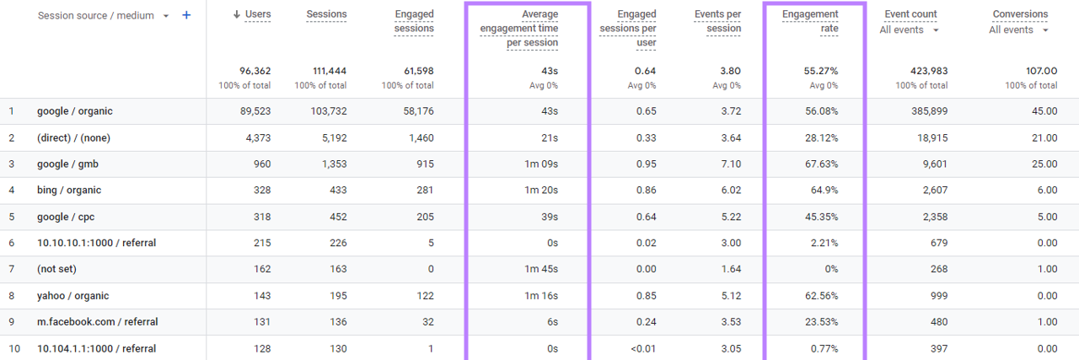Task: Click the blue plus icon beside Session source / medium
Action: click(x=186, y=16)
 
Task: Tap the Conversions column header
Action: click(x=1020, y=14)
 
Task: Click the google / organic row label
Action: click(x=74, y=111)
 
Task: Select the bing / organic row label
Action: click(x=71, y=191)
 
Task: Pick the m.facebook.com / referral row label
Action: click(x=97, y=322)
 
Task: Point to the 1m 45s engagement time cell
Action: click(x=540, y=270)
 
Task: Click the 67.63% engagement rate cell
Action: click(x=820, y=164)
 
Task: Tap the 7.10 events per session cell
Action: click(x=730, y=164)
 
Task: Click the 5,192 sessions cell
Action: click(x=330, y=138)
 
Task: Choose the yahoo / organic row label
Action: click(x=72, y=296)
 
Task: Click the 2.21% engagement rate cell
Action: click(x=823, y=244)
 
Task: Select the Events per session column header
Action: click(x=717, y=21)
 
